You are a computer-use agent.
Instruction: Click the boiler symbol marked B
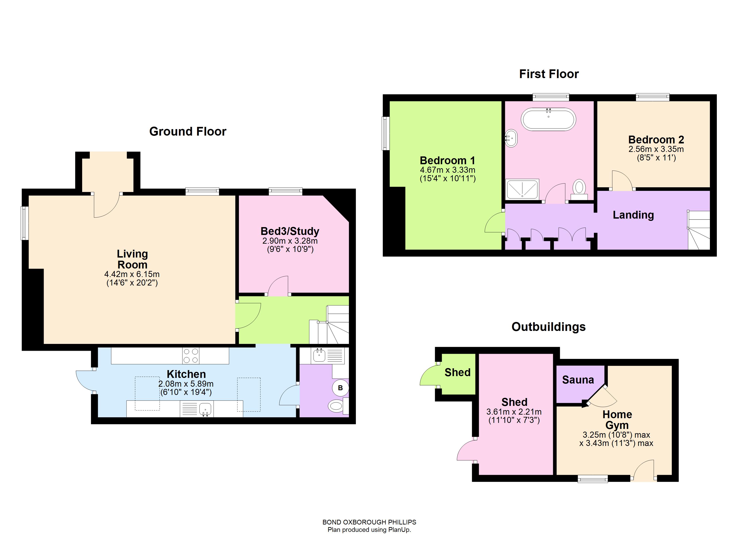340,388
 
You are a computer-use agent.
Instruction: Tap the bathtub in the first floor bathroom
548,119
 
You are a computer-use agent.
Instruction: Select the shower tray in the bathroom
522,189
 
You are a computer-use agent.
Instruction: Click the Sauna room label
578,380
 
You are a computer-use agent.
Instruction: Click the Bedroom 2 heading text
656,140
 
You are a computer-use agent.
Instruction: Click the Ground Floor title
188,131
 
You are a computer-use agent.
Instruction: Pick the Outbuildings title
548,327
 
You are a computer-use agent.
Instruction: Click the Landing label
633,215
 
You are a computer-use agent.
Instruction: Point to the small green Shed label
458,372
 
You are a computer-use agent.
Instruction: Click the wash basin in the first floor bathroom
511,139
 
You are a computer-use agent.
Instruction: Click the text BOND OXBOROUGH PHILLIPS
369,522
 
